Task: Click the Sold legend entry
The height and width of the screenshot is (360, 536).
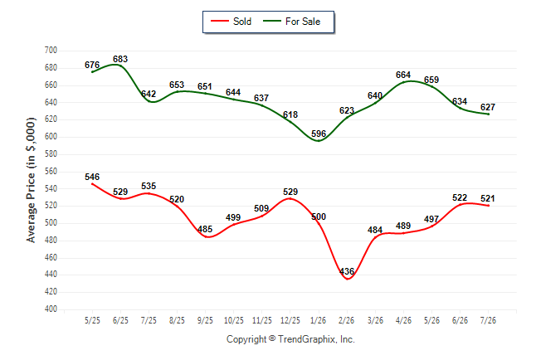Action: (x=231, y=22)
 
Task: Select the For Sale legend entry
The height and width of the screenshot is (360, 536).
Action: (x=291, y=22)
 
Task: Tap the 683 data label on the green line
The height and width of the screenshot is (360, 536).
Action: (x=120, y=59)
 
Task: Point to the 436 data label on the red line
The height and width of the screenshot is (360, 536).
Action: (x=347, y=271)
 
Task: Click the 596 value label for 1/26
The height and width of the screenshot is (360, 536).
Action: (x=319, y=134)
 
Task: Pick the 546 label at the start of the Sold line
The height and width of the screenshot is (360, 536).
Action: (x=92, y=177)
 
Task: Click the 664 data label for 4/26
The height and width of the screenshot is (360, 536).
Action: (x=403, y=75)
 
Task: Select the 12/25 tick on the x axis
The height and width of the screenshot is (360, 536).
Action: (x=290, y=320)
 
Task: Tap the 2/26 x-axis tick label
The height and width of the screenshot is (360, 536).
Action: (x=347, y=320)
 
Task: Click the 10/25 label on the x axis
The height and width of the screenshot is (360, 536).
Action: (x=234, y=320)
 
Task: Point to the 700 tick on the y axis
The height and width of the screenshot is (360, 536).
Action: (x=51, y=51)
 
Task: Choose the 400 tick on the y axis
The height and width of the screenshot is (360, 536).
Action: (x=51, y=309)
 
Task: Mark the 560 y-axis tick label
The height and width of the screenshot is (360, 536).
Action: (x=51, y=171)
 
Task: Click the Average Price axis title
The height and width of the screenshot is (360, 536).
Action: (x=31, y=180)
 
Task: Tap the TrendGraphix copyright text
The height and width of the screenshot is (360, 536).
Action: (x=290, y=339)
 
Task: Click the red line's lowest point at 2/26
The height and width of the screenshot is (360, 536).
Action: (x=348, y=279)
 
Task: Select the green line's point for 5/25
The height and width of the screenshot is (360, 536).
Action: (x=92, y=72)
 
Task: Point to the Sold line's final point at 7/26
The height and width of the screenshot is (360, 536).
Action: (x=489, y=206)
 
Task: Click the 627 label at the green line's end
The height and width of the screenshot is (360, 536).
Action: (x=488, y=107)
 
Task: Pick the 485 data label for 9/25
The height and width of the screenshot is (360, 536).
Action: (x=205, y=229)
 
